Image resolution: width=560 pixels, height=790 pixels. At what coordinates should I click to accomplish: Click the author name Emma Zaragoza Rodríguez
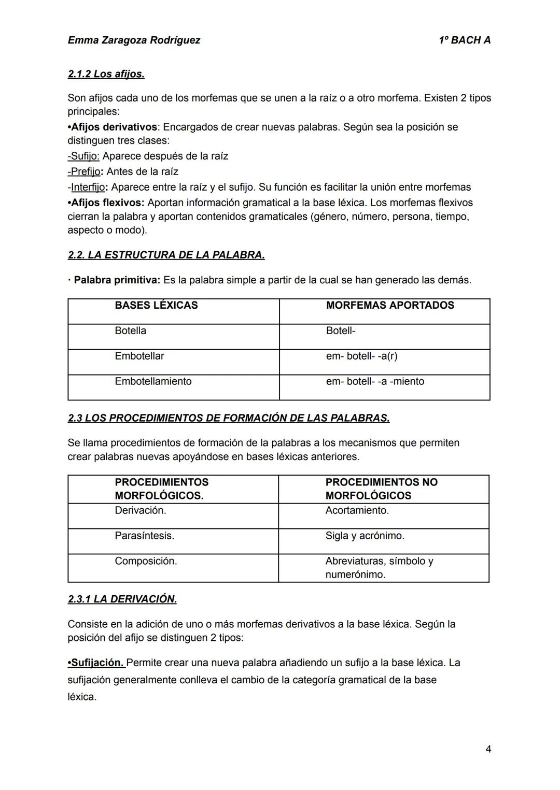point(134,40)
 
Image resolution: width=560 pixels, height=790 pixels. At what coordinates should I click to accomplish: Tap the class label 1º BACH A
point(464,40)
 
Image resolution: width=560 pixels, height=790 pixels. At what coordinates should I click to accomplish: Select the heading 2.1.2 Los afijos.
point(106,74)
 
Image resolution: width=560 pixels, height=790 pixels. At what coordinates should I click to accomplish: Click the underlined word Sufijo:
point(83,156)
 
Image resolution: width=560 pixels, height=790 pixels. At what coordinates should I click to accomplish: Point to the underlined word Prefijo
point(84,171)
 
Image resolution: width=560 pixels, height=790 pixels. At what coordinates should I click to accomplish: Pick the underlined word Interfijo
point(88,187)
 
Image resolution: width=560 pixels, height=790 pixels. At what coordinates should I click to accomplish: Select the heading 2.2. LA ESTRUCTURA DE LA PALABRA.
point(166,255)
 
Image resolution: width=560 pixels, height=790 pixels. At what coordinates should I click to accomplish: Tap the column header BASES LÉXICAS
point(156,305)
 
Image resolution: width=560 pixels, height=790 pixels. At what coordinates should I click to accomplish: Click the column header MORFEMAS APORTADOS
point(390,305)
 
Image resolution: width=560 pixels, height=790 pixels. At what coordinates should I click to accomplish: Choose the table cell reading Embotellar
point(139,356)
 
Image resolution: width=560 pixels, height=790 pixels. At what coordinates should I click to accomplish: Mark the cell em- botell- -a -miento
point(375,381)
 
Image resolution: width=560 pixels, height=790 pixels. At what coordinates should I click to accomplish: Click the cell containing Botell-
point(341,331)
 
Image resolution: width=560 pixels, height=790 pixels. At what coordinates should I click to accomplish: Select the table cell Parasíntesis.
point(144,536)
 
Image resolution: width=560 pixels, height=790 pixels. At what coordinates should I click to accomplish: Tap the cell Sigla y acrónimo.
point(365,536)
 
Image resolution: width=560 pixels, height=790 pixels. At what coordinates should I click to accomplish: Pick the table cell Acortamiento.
point(357,510)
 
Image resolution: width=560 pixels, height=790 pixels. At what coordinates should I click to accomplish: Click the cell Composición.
point(146,561)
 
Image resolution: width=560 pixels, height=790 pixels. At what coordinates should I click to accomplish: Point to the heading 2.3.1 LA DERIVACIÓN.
point(122,599)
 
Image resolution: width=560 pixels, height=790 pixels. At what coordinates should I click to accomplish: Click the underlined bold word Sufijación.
point(96,663)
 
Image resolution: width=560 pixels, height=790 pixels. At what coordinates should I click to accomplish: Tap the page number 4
point(488,749)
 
